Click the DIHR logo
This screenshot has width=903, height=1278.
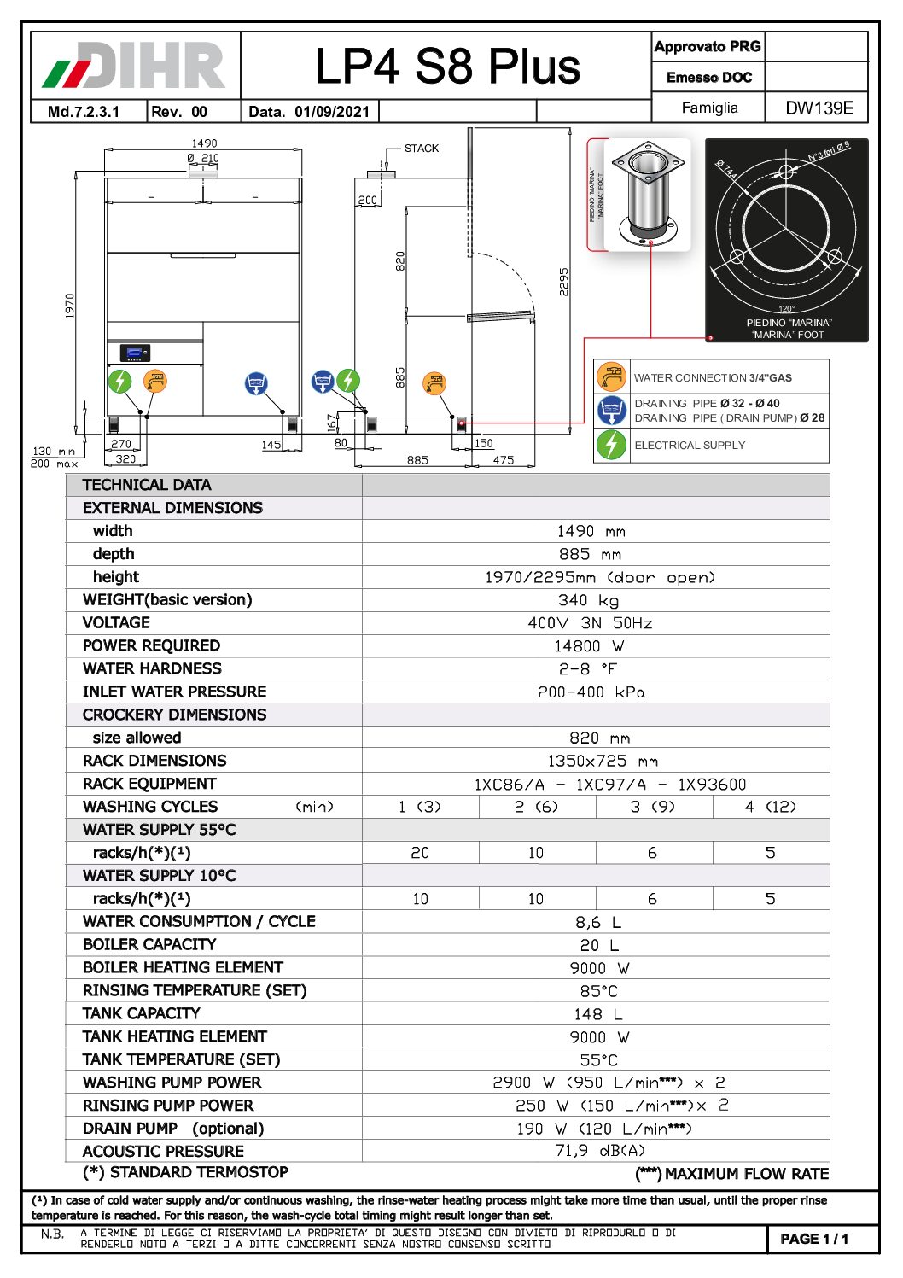[x=134, y=66]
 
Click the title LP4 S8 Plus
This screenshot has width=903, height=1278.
[x=447, y=67]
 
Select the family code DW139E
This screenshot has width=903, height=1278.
[x=819, y=108]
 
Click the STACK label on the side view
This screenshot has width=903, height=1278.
[x=422, y=149]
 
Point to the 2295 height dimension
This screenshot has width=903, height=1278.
[x=564, y=282]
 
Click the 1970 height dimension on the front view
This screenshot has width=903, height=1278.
[x=70, y=306]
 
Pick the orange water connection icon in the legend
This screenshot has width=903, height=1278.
[x=611, y=376]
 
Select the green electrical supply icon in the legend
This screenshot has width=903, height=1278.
[x=611, y=445]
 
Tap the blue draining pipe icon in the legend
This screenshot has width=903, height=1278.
[x=611, y=411]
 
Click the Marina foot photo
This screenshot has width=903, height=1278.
[x=648, y=195]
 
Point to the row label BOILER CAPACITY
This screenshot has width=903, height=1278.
[x=149, y=944]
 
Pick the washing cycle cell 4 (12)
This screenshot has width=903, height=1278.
[x=770, y=807]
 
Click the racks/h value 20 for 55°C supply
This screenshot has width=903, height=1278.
[x=420, y=853]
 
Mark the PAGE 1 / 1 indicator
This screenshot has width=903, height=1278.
[x=814, y=1239]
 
